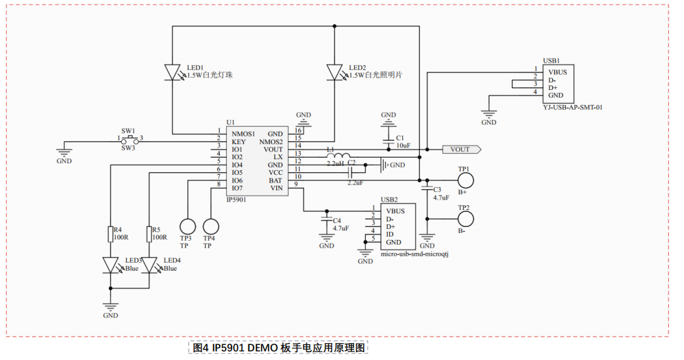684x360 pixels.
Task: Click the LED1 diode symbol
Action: (172, 70)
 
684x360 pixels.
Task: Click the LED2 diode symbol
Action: (334, 70)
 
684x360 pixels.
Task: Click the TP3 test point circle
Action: (188, 226)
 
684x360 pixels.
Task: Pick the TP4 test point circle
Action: (211, 226)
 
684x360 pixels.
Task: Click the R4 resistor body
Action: (111, 233)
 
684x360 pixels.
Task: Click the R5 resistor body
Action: (149, 233)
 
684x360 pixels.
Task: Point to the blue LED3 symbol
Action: (111, 265)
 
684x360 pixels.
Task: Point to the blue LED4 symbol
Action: (149, 265)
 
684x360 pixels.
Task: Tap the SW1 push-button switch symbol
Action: (130, 138)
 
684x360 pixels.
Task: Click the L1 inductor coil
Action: (334, 156)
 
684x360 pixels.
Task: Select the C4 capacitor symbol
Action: (326, 223)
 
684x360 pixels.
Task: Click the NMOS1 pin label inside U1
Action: (243, 134)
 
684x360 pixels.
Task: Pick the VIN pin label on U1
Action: (276, 188)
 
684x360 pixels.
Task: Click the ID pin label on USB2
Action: (390, 234)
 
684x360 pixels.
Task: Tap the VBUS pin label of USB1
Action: (558, 72)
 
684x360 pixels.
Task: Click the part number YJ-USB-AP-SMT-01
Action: (572, 107)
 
